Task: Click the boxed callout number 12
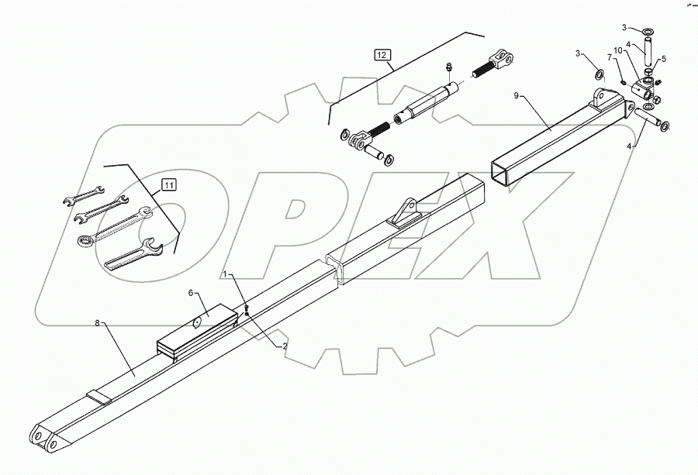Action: tap(382, 54)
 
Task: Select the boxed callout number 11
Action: tap(169, 184)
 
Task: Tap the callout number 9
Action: tap(517, 95)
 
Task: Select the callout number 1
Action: tap(226, 274)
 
